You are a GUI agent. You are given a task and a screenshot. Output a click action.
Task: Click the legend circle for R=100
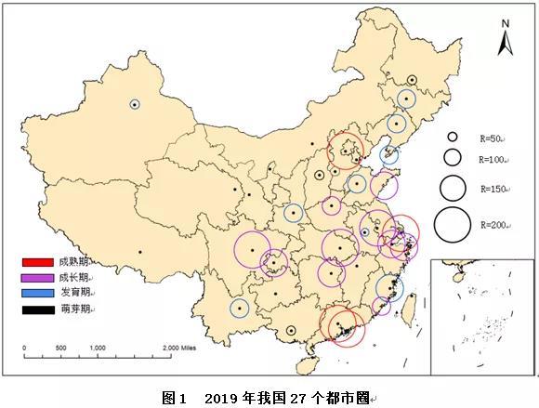click(x=454, y=157)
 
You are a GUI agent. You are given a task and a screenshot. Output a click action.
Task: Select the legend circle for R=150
click(x=454, y=188)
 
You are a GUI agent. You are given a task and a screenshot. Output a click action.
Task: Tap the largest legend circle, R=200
click(x=454, y=224)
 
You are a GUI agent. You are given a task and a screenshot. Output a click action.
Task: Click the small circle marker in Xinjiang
click(x=135, y=104)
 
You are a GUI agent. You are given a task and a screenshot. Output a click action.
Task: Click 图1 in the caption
click(x=175, y=397)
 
